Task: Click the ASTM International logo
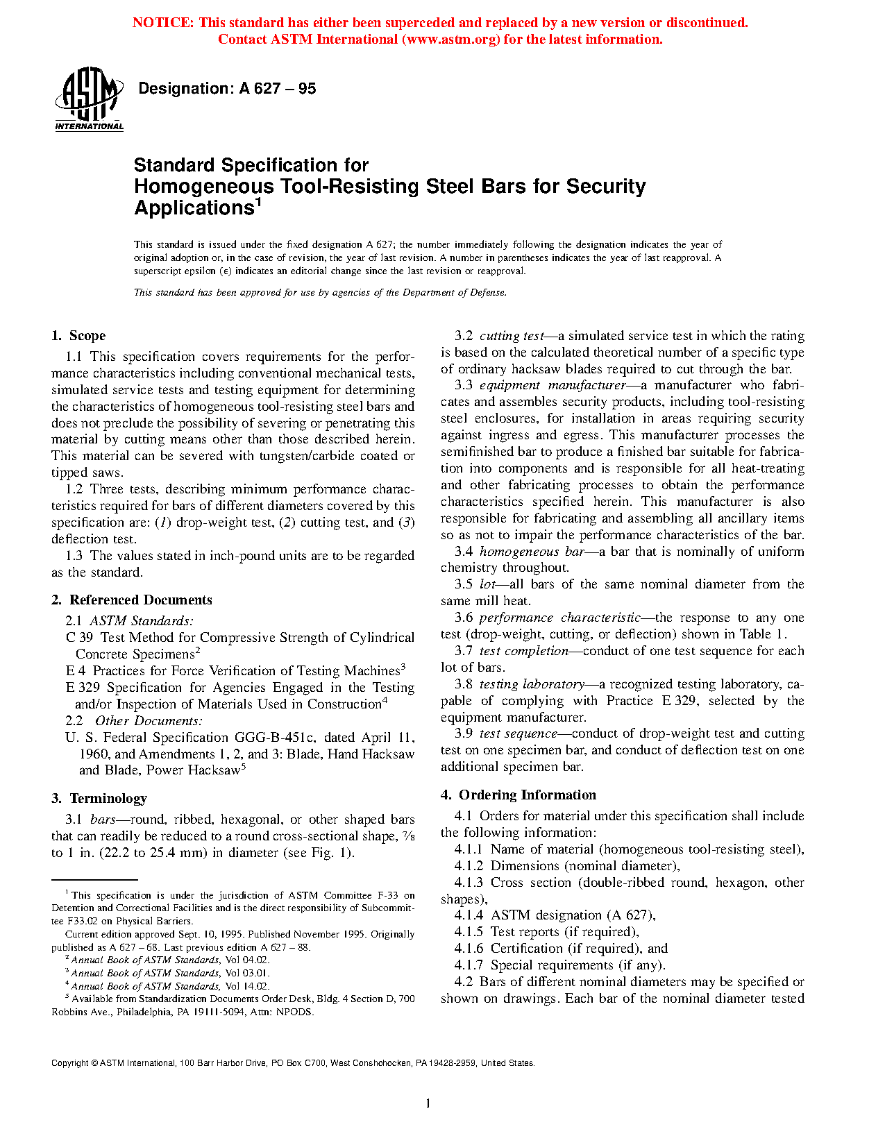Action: pos(89,98)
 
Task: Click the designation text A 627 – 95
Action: pos(277,89)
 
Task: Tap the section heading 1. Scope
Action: pos(78,336)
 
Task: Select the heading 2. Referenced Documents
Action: pos(131,600)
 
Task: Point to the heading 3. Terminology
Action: pos(99,799)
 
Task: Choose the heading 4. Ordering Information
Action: pos(518,795)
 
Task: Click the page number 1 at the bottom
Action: pos(428,1103)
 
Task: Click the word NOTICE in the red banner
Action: pos(162,23)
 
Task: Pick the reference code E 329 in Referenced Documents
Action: pos(83,688)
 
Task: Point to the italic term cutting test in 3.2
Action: pos(512,336)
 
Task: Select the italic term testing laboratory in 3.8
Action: pos(532,684)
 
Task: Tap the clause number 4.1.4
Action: pos(469,915)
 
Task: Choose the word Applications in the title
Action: pos(194,208)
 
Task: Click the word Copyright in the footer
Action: pos(69,1063)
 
